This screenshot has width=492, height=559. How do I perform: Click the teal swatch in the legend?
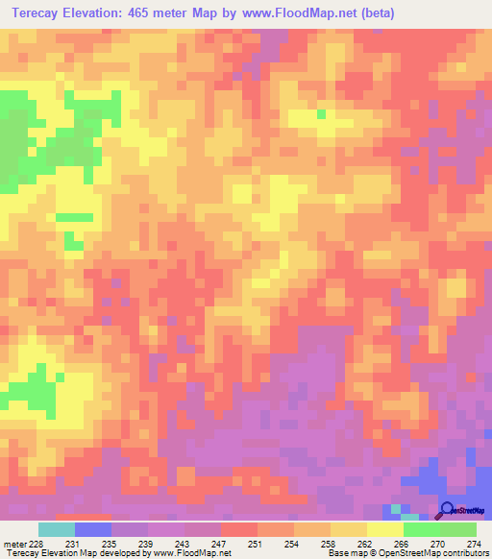[x=57, y=529]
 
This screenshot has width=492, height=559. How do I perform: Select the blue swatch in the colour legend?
[x=93, y=529]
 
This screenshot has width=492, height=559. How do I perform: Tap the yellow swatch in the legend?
[x=385, y=529]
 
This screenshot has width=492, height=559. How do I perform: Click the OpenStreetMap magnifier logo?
[x=448, y=510]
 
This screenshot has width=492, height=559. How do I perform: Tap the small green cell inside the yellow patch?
[x=321, y=113]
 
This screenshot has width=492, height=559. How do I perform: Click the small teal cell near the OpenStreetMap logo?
[x=396, y=508]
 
